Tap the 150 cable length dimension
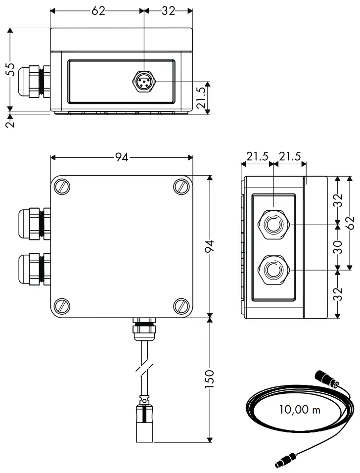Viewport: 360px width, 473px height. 210,378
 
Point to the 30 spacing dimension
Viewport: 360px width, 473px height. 337,247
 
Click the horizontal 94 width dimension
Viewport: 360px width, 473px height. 122,157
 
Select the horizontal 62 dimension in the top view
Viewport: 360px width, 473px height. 98,11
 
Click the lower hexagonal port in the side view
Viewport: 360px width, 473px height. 272,270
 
